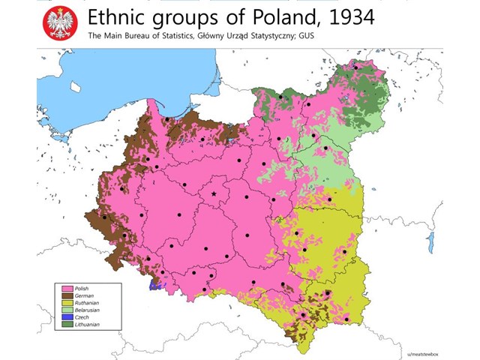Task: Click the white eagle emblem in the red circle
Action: coord(59,23)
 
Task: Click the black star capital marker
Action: coord(214,194)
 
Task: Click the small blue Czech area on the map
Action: coord(155,285)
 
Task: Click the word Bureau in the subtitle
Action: coord(133,35)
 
